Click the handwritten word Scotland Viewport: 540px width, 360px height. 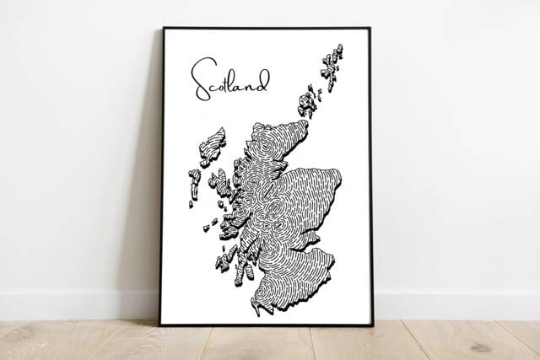pyautogui.click(x=229, y=79)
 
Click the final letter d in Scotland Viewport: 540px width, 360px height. pyautogui.click(x=264, y=80)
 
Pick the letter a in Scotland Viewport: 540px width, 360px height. pyautogui.click(x=248, y=84)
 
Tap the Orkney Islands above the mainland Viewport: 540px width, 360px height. pyautogui.click(x=308, y=103)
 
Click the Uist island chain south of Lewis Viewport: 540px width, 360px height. pyautogui.click(x=194, y=185)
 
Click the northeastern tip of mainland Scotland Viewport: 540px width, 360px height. pyautogui.click(x=305, y=124)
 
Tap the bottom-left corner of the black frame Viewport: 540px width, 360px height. pyautogui.click(x=160, y=325)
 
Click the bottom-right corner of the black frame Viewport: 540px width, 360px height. pyautogui.click(x=372, y=325)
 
